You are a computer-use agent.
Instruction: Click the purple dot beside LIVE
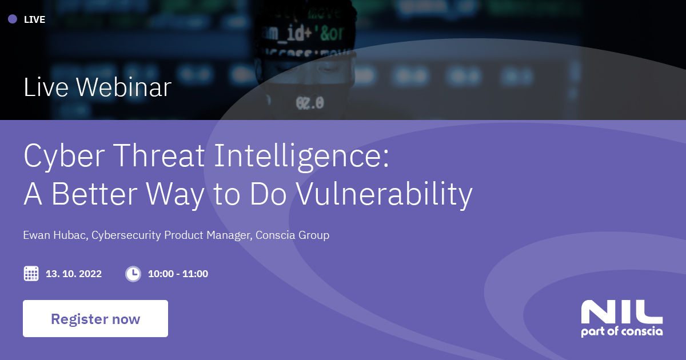point(13,19)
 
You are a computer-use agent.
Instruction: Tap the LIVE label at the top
point(34,19)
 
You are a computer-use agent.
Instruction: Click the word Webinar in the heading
point(123,87)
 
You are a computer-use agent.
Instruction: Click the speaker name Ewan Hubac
point(55,235)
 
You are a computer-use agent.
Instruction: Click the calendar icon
point(31,274)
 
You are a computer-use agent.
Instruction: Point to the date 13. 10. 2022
point(74,274)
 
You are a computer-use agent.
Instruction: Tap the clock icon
point(133,274)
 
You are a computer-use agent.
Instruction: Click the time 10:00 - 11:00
point(178,274)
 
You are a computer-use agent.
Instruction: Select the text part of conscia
point(621,332)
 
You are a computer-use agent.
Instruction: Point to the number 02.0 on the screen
point(310,103)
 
